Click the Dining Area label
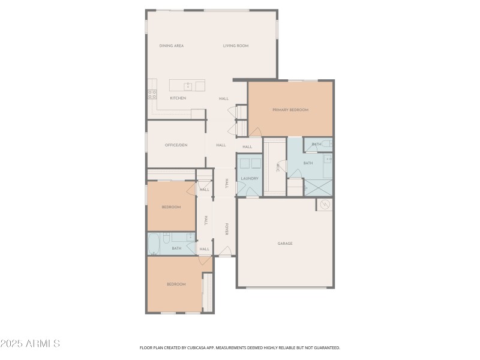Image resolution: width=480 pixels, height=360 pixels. tap(171, 46)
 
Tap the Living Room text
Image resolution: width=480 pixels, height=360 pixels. tap(236, 46)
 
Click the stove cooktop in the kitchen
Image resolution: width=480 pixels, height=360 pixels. tap(152, 94)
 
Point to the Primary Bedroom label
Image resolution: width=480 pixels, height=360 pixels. tap(290, 110)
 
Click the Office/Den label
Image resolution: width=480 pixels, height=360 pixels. tap(176, 145)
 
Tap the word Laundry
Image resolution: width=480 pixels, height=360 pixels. tap(249, 179)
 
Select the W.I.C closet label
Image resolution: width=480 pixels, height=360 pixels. tap(278, 168)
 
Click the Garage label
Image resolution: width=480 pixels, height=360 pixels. tap(285, 244)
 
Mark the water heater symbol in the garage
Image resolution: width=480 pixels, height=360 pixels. tap(325, 205)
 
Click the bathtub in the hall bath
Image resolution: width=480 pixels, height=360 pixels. tap(154, 244)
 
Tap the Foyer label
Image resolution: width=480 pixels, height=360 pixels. tap(227, 229)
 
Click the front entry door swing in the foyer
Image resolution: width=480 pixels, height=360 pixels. tap(226, 251)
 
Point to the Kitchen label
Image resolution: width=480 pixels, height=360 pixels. tap(178, 98)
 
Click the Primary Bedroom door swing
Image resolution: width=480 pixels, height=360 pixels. tap(255, 132)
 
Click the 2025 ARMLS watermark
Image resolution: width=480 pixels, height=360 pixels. tap(30, 344)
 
